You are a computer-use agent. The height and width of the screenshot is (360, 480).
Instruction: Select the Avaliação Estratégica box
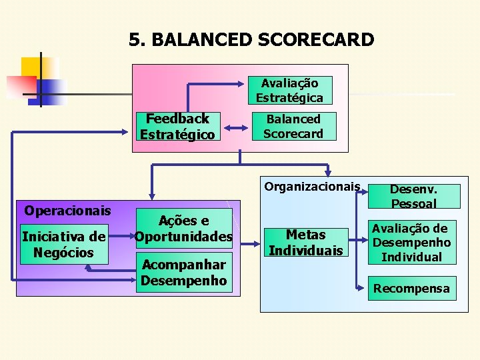[289, 91]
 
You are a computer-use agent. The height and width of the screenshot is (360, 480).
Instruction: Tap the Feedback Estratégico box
[177, 127]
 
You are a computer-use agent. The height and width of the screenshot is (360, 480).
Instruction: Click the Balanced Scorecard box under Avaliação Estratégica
[293, 126]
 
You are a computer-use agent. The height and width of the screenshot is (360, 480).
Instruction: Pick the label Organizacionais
[312, 187]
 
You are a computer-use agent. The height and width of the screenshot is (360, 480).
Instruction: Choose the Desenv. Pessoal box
[413, 196]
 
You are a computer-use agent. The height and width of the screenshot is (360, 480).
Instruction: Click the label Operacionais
[67, 211]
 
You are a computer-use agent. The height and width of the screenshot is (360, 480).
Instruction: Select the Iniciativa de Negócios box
[63, 244]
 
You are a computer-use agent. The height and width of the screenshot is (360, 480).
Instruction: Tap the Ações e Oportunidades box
[184, 229]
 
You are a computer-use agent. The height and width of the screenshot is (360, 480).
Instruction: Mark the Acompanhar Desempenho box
[184, 272]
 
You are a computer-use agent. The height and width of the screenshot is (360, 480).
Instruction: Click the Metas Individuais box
[305, 242]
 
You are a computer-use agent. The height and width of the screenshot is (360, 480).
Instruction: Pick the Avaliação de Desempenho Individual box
[411, 243]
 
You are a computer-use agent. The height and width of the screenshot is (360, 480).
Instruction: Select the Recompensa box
[411, 289]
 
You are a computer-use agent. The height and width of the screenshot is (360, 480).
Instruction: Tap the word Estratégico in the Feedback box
[177, 134]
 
